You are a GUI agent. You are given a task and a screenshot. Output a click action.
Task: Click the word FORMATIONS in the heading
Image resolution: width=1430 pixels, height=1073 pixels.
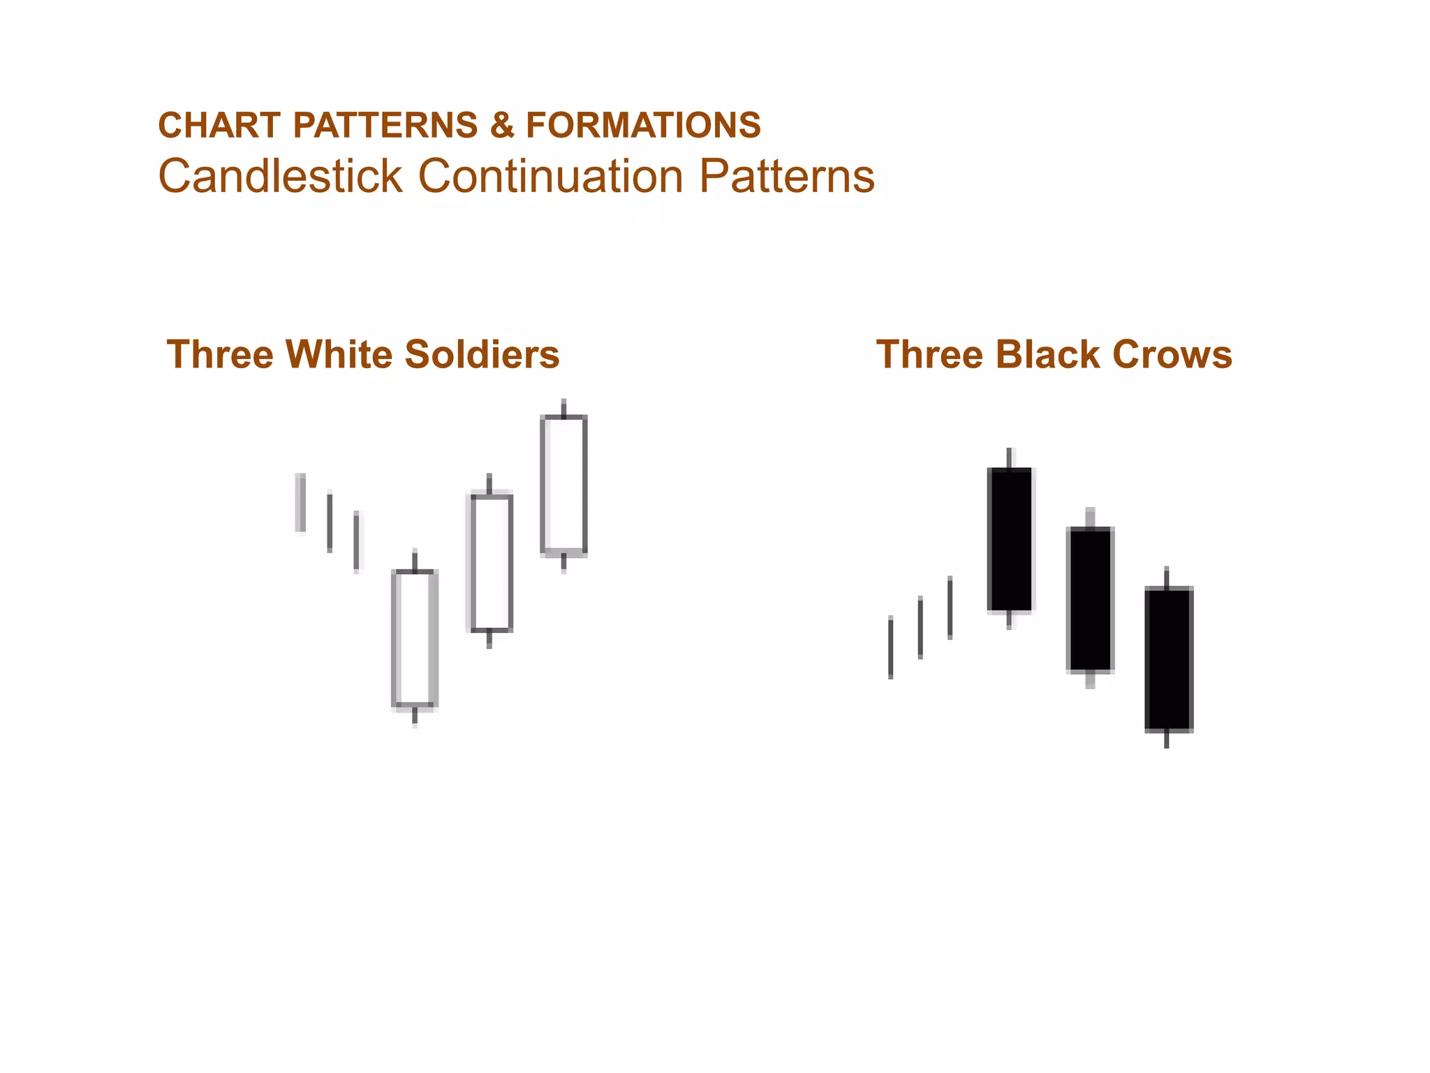pyautogui.click(x=643, y=126)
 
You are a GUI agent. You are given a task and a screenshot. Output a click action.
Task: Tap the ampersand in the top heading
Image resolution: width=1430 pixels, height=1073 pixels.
pyautogui.click(x=501, y=126)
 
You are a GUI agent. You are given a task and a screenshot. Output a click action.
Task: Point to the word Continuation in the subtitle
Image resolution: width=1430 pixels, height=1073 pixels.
pyautogui.click(x=551, y=176)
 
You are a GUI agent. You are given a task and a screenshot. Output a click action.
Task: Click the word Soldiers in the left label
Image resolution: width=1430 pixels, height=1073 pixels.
pyautogui.click(x=482, y=354)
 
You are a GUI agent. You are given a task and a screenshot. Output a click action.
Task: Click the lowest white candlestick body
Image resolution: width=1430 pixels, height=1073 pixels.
pyautogui.click(x=415, y=638)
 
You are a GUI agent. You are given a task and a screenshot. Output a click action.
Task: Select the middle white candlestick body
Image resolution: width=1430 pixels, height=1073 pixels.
pyautogui.click(x=492, y=562)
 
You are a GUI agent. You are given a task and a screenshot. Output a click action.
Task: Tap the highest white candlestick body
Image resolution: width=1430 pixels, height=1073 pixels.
pyautogui.click(x=563, y=485)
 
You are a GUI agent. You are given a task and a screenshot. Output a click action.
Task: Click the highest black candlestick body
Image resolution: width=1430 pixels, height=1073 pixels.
pyautogui.click(x=1009, y=539)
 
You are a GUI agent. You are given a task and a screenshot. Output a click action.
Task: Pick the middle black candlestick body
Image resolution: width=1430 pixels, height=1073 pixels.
pyautogui.click(x=1089, y=599)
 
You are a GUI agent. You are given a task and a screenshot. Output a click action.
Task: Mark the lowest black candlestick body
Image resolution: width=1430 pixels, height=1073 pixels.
pyautogui.click(x=1168, y=659)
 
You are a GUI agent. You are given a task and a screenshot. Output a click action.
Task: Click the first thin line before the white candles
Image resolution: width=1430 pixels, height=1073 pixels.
pyautogui.click(x=301, y=502)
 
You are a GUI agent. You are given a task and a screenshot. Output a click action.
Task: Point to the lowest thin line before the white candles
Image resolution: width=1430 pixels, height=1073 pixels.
pyautogui.click(x=357, y=542)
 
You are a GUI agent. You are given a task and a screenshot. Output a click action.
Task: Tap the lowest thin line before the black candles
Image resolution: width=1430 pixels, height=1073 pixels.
pyautogui.click(x=890, y=648)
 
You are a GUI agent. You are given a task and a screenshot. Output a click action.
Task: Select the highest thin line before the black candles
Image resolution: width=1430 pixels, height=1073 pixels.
pyautogui.click(x=950, y=608)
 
